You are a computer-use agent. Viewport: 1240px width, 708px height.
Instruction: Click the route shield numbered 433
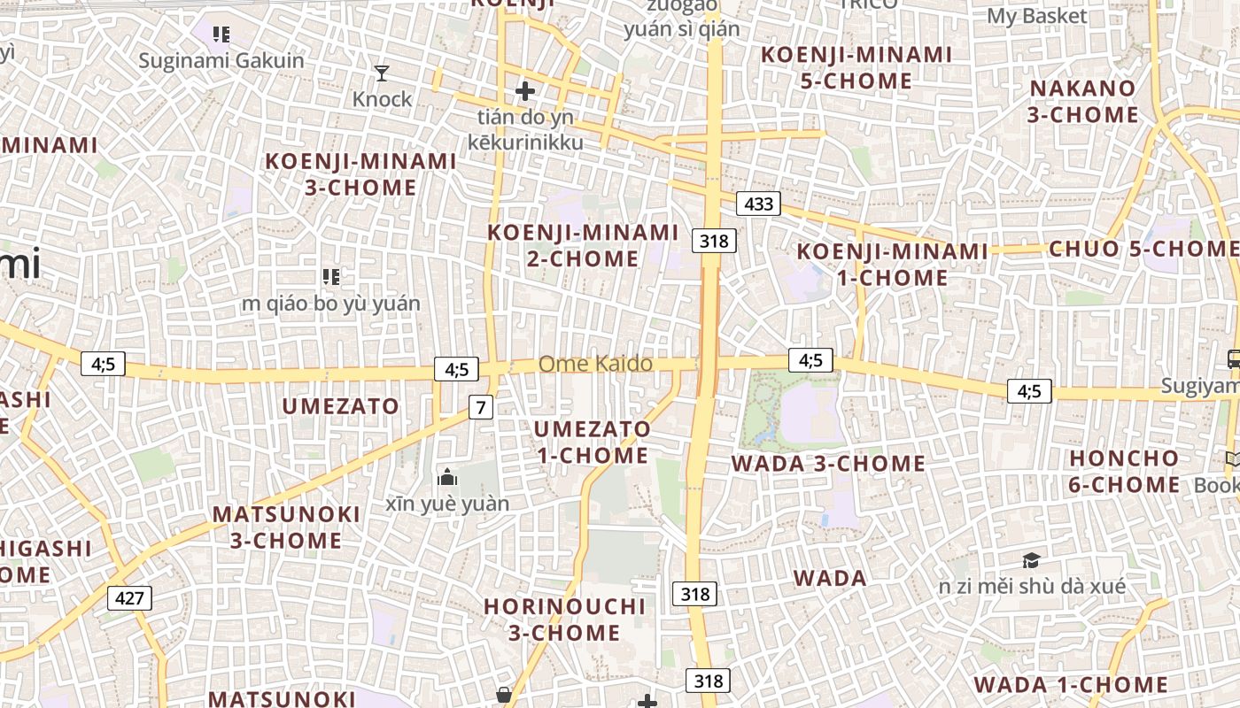tap(759, 204)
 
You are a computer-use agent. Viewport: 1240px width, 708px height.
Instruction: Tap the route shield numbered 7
tap(480, 407)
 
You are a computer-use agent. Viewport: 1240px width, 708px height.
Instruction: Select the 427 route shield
tap(129, 598)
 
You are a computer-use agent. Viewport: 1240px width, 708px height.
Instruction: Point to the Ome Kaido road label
tap(595, 364)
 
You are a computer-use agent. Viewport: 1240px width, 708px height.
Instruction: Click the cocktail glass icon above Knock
tap(382, 73)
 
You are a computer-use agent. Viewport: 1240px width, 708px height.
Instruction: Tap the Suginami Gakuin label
tap(221, 61)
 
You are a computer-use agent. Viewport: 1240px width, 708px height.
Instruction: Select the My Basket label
tap(1036, 16)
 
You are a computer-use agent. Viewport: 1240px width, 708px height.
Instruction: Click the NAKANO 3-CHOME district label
tap(1082, 102)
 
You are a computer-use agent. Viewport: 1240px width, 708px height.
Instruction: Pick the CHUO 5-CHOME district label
tap(1143, 249)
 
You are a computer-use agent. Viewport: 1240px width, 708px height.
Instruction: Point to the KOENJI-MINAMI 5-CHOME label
tap(856, 68)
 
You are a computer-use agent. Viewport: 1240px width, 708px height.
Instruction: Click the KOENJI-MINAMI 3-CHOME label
tap(360, 174)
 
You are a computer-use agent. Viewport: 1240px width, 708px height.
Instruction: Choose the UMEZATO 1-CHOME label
tap(593, 442)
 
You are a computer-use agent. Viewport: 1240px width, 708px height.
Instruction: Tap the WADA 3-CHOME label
tap(827, 464)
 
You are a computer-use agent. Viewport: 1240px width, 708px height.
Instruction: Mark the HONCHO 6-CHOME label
tap(1124, 472)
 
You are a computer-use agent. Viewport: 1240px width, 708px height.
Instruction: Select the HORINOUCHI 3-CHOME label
tap(564, 619)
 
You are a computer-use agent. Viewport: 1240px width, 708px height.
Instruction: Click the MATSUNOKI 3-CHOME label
tap(286, 527)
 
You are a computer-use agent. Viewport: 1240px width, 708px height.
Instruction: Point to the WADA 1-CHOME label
tap(1071, 685)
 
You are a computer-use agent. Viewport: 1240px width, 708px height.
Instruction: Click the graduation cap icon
tap(1031, 560)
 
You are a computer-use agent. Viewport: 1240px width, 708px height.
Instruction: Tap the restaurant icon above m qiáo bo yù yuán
tap(331, 277)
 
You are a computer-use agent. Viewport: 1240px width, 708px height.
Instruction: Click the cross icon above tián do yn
tap(525, 91)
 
